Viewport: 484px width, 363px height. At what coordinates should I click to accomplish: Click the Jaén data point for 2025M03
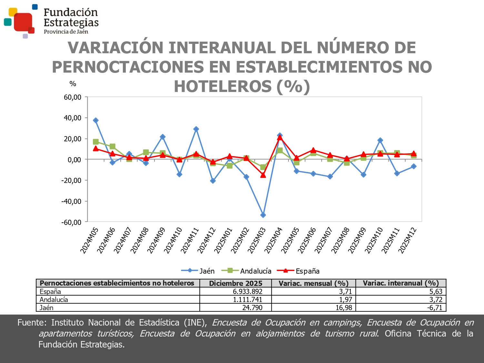(x=263, y=215)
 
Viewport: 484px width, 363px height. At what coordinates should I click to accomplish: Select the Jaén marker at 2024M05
(x=96, y=120)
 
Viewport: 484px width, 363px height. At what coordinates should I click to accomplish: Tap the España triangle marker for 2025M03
(x=263, y=175)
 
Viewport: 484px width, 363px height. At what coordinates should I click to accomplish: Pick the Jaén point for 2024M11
(x=196, y=129)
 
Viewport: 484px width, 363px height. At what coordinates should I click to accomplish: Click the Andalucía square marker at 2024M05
(x=96, y=142)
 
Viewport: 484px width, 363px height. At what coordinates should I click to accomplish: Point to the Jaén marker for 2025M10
(x=380, y=140)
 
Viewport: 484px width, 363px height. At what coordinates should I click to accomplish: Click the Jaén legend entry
(x=198, y=271)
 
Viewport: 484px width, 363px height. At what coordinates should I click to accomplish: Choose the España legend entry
(x=298, y=271)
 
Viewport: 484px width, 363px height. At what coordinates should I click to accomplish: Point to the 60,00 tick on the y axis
(x=72, y=97)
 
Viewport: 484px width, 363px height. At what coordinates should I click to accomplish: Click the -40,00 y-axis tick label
(x=71, y=201)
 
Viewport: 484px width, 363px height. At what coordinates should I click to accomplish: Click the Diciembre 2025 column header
(x=236, y=283)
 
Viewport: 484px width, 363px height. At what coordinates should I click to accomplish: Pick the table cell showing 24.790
(x=252, y=308)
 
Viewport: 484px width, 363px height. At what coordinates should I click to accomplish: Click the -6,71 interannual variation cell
(x=435, y=308)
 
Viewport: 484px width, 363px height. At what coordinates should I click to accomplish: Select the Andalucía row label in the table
(x=54, y=299)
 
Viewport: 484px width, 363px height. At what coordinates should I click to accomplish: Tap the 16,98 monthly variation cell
(x=344, y=308)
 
